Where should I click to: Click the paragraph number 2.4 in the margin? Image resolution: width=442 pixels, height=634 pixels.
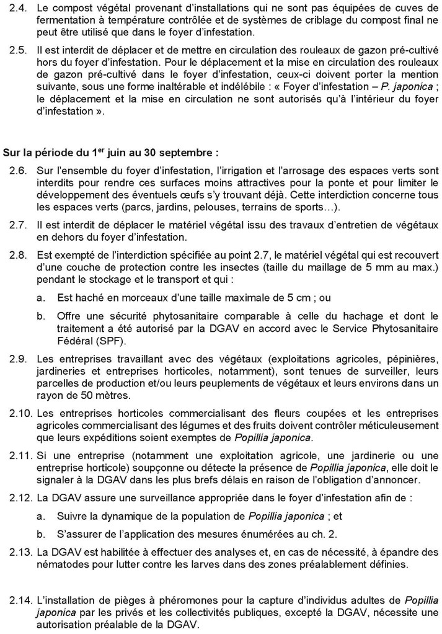[19, 11]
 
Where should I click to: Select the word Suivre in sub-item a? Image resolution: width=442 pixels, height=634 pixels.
[71, 514]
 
